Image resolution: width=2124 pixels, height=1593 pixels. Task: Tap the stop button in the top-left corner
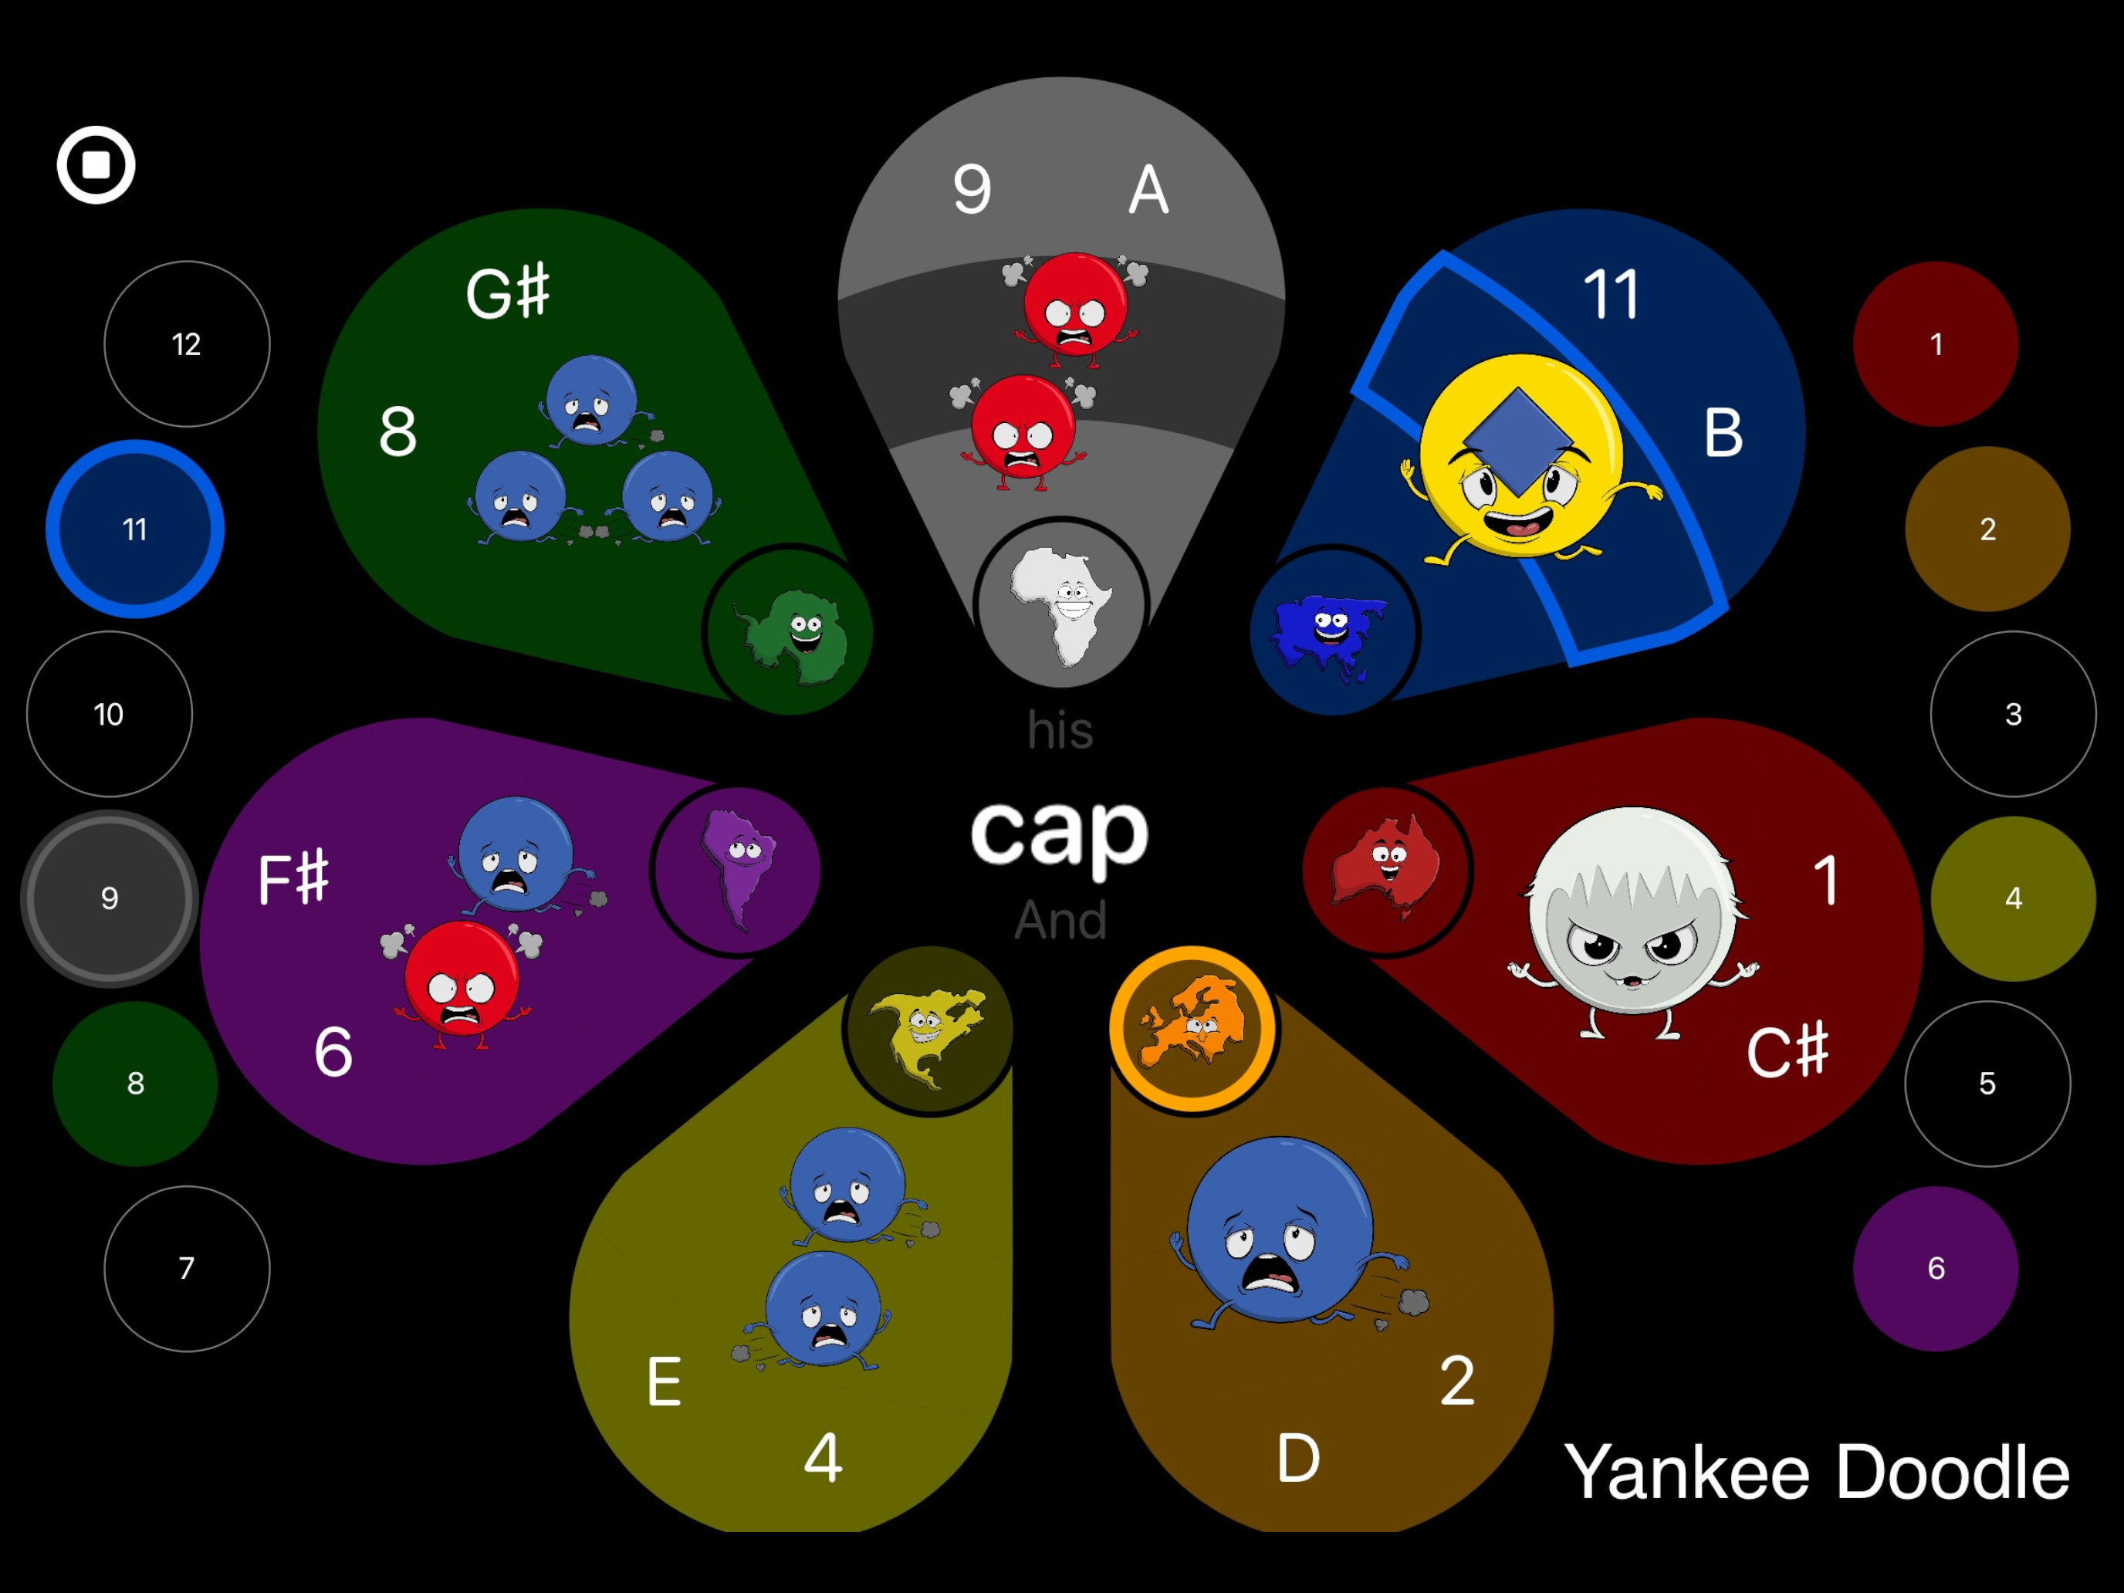pyautogui.click(x=96, y=165)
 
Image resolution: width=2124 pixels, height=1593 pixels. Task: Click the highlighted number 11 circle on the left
pyautogui.click(x=135, y=529)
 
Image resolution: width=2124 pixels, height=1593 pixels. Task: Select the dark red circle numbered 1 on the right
pyautogui.click(x=1936, y=343)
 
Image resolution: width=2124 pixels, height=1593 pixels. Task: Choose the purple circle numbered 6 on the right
pyautogui.click(x=1936, y=1268)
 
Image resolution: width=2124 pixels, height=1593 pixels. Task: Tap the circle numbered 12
pyautogui.click(x=186, y=343)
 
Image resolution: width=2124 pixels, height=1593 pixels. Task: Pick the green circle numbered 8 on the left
pyautogui.click(x=135, y=1083)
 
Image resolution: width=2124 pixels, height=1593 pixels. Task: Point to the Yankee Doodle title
pyautogui.click(x=1816, y=1472)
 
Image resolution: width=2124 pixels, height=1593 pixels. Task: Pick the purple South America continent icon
pyautogui.click(x=736, y=867)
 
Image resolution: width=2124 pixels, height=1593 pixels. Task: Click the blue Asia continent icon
pyautogui.click(x=1331, y=633)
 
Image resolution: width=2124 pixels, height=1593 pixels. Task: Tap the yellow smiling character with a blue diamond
pyautogui.click(x=1523, y=459)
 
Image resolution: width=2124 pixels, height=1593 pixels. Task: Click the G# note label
pyautogui.click(x=507, y=292)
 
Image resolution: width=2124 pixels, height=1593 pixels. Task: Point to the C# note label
pyautogui.click(x=1787, y=1050)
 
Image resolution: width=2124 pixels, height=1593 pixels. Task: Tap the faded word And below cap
pyautogui.click(x=1060, y=920)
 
